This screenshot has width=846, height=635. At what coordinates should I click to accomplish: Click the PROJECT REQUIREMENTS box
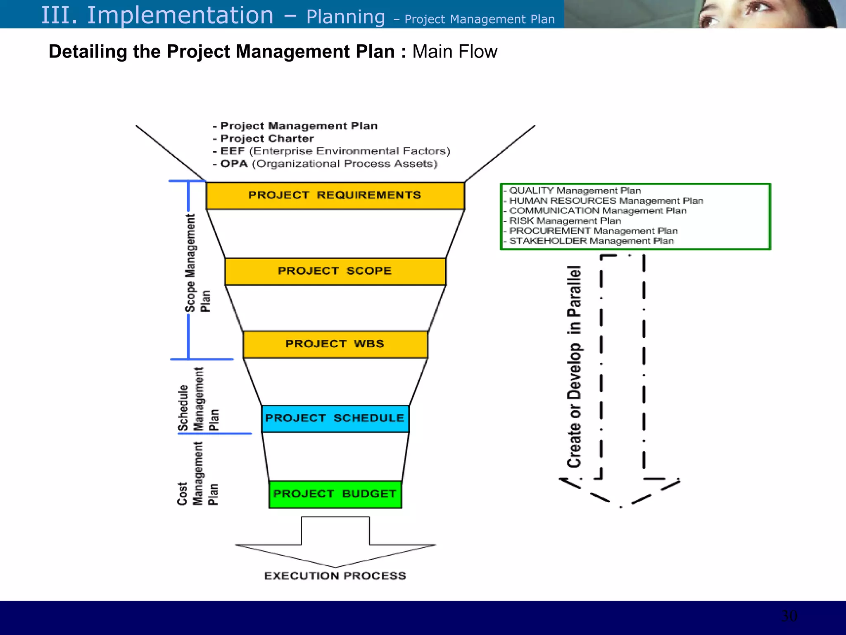[335, 196]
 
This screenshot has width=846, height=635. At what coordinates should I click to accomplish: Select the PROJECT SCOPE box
[335, 272]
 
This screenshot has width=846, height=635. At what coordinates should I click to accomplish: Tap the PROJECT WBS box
[335, 344]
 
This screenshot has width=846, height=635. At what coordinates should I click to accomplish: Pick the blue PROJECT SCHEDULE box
[335, 418]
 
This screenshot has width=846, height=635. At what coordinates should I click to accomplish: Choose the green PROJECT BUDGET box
[335, 494]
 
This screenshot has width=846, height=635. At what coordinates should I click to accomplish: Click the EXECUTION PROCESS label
[335, 576]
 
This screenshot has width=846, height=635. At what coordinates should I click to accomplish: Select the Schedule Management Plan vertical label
[198, 399]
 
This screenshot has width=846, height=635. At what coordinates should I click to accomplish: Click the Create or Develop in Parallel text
[574, 366]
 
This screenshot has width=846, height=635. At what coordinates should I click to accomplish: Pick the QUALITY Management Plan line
[575, 191]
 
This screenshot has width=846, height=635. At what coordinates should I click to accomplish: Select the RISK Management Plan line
[565, 221]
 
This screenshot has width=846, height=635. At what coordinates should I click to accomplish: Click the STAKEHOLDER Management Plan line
[591, 241]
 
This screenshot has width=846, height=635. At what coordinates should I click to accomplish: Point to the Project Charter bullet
[266, 138]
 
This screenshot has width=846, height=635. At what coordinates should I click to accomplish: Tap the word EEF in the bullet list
[233, 151]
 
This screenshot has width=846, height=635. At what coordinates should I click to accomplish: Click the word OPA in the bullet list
[234, 164]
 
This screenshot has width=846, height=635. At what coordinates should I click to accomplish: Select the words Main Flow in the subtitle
[454, 52]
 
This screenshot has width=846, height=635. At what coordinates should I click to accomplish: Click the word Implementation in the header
[180, 16]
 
